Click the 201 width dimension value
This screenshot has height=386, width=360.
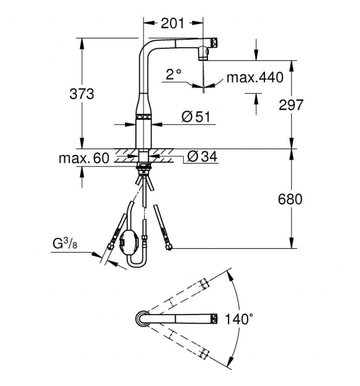coord(172,24)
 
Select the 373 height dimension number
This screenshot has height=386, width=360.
coord(82,94)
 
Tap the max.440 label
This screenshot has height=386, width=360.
coord(255,77)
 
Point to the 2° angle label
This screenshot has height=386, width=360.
coord(173,74)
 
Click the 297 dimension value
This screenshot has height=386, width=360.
coord(291,105)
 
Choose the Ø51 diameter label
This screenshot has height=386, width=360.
coord(196,116)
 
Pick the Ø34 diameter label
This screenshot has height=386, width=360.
coord(202,156)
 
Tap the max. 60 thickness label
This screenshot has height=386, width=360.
coord(84,158)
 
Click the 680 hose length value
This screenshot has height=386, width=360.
coord(290,199)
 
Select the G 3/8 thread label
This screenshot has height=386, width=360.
coord(65,244)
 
